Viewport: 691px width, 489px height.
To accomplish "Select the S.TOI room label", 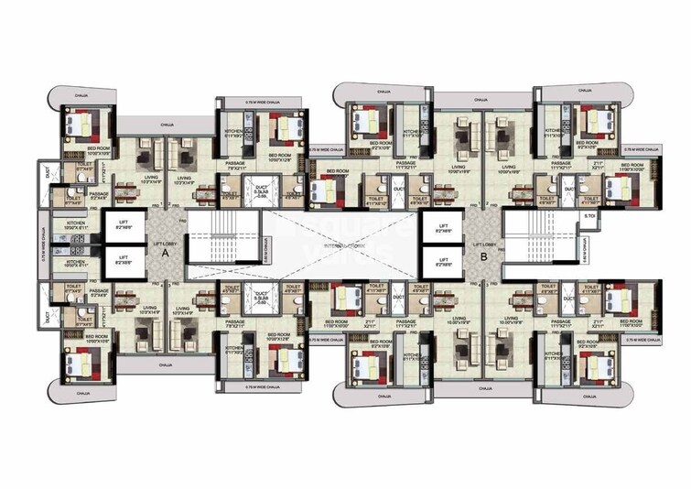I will pos(590,217).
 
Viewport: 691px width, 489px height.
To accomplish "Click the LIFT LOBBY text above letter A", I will pos(166,244).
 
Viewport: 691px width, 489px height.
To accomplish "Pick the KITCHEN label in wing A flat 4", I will pos(234,349).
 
